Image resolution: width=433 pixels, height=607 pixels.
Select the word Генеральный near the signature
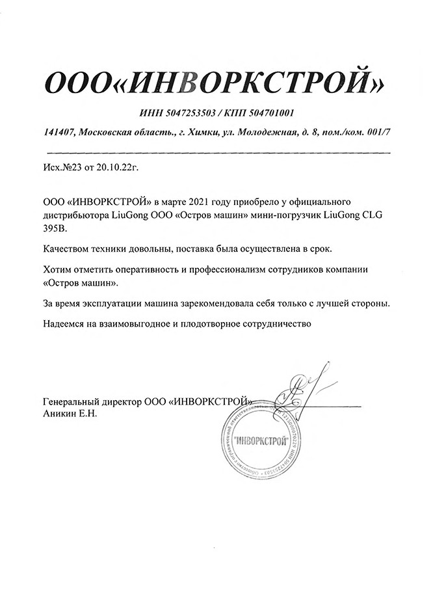pos(72,403)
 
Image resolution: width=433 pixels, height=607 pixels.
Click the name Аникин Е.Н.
pos(70,414)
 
